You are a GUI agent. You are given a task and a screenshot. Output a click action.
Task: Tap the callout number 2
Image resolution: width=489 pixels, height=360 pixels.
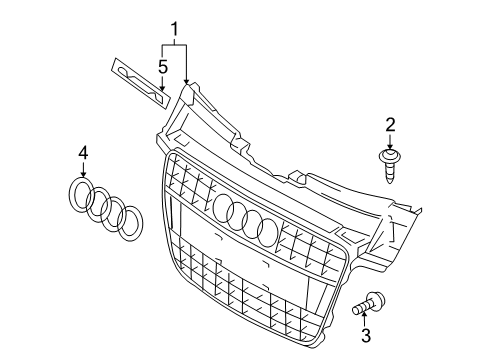391,124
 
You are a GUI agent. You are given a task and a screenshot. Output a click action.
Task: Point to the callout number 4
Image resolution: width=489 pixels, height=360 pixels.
84,152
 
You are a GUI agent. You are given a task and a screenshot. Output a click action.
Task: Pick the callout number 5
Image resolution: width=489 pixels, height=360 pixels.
162,67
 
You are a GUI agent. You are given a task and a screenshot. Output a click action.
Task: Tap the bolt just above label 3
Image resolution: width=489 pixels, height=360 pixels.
373,298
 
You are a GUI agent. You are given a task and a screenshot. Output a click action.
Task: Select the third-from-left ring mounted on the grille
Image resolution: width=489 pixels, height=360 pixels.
253,223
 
